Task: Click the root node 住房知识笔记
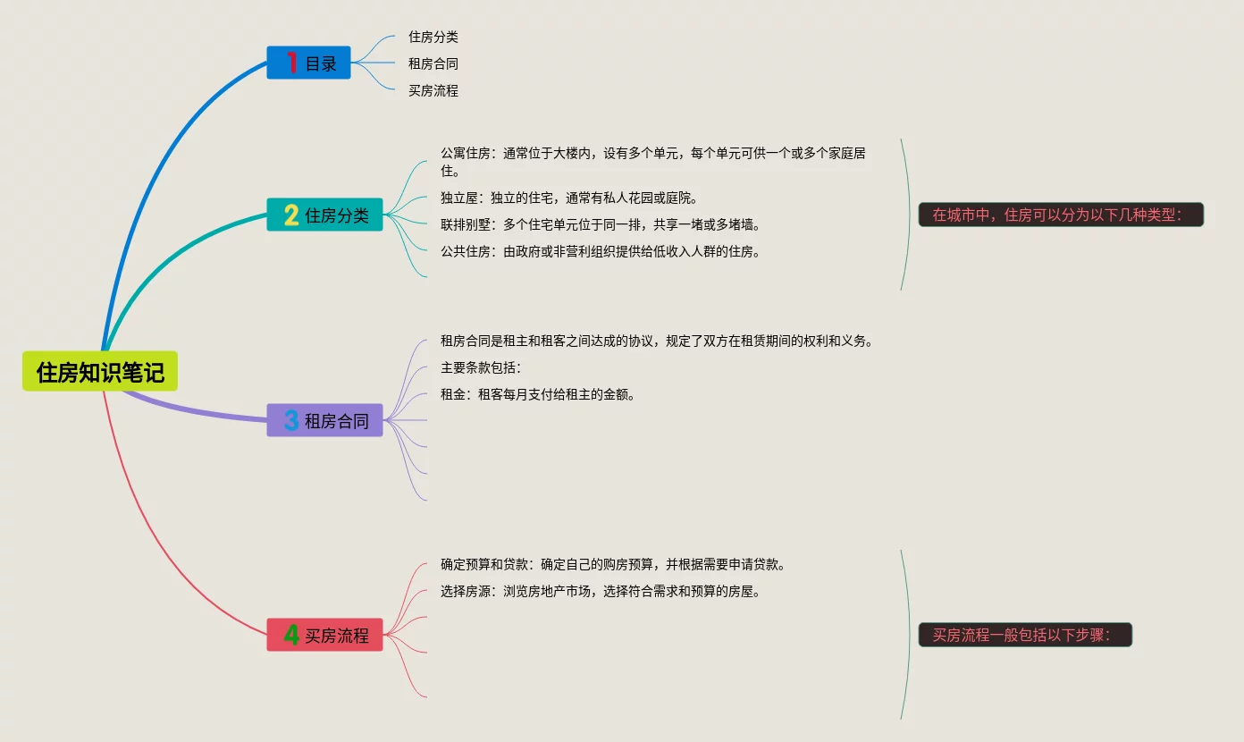[100, 371]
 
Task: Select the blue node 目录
[321, 63]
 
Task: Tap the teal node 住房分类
[336, 215]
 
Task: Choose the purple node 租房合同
[336, 421]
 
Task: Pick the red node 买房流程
[336, 636]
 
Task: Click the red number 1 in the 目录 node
[291, 63]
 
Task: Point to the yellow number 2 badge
[291, 215]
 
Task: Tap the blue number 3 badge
[291, 420]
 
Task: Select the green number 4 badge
[291, 635]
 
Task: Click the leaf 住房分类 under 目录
[433, 37]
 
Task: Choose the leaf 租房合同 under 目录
[433, 63]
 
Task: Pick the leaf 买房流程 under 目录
[433, 90]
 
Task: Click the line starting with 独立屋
[568, 198]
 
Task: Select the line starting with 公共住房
[601, 251]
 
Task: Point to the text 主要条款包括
[480, 367]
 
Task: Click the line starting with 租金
[538, 394]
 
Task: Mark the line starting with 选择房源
[601, 591]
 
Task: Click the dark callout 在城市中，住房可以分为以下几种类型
[1061, 215]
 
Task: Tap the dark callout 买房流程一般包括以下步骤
[1025, 635]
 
